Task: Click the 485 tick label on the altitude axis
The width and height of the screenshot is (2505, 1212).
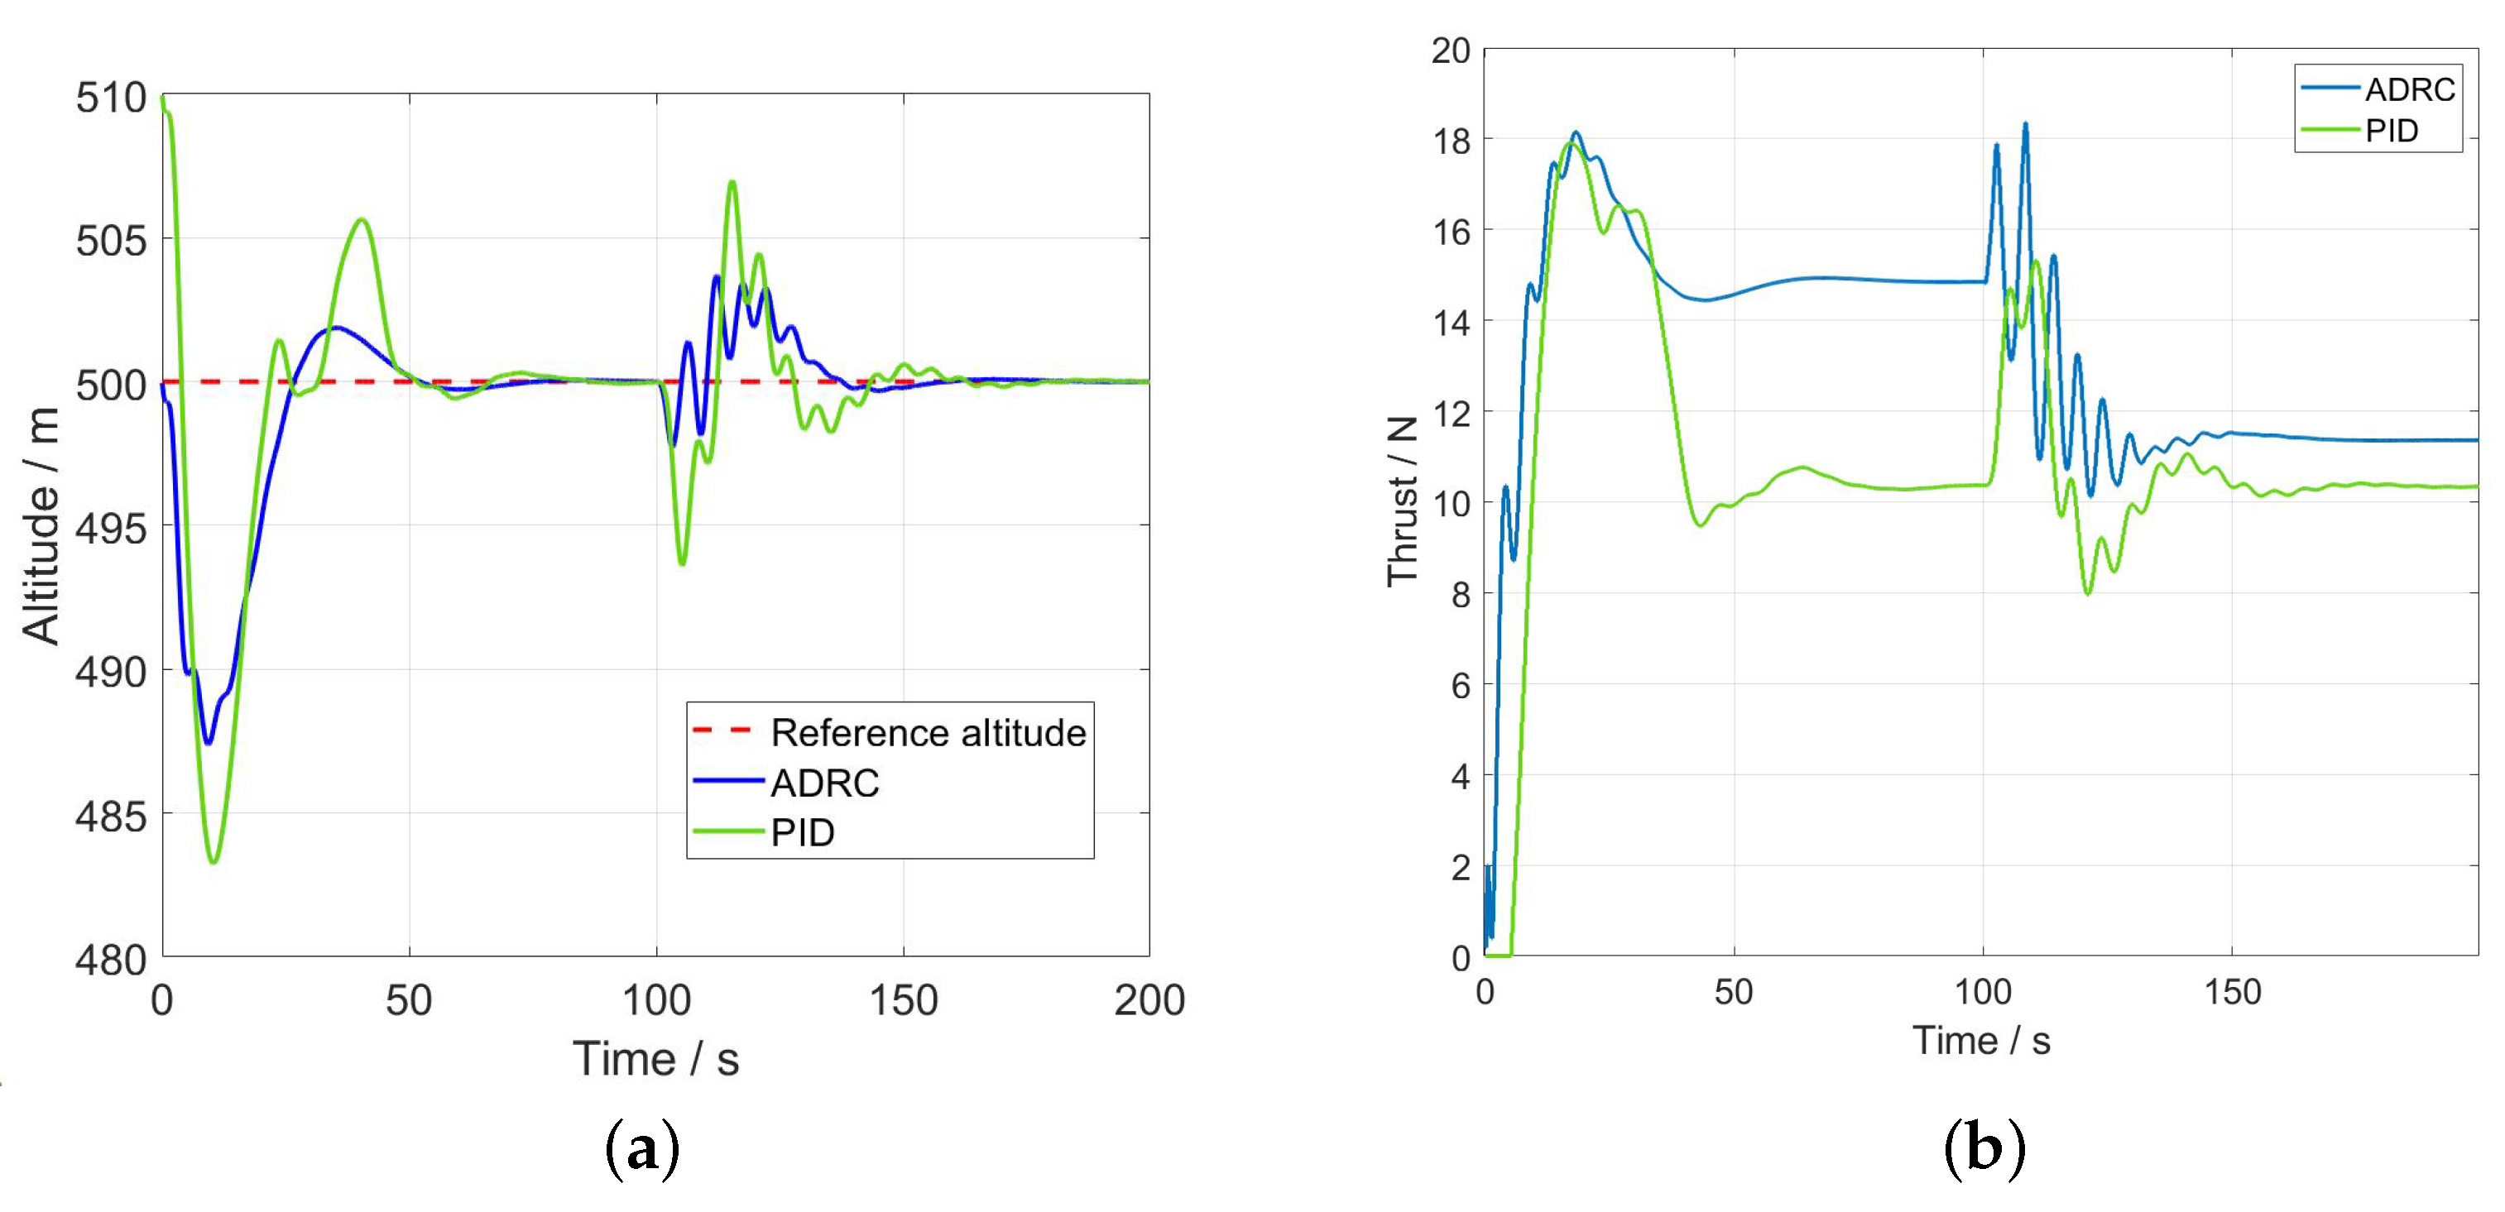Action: click(x=111, y=817)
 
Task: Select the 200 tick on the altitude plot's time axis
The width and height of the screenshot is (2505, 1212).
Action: click(x=1149, y=1000)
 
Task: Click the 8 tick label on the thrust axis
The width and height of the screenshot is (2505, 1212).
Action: click(x=1461, y=595)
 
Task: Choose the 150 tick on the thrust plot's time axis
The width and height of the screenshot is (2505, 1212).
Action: click(x=2232, y=992)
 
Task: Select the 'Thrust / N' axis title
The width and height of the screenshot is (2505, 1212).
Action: click(x=1401, y=501)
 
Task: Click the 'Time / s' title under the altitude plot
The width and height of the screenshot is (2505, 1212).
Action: click(x=655, y=1058)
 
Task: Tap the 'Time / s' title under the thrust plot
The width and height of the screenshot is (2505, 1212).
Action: click(x=1981, y=1041)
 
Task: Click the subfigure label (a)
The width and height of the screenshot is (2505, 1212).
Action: click(x=642, y=1150)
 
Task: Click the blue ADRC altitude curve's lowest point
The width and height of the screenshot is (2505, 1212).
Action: click(x=207, y=744)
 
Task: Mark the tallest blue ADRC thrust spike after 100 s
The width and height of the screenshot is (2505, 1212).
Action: click(x=2025, y=123)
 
